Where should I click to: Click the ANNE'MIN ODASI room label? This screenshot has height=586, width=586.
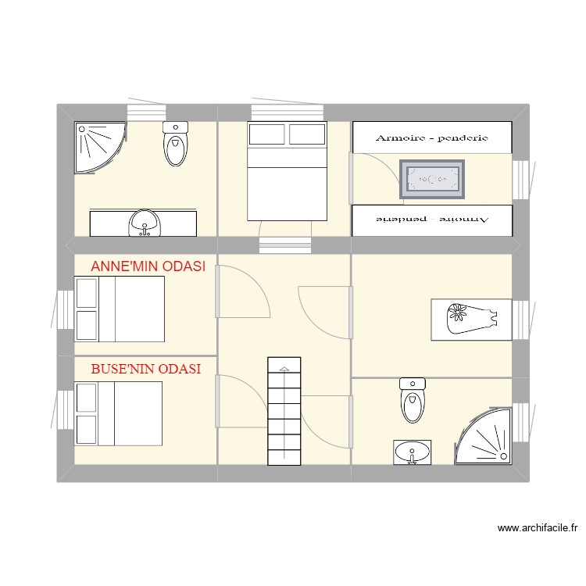click(x=148, y=266)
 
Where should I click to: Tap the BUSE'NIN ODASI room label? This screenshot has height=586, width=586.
click(x=146, y=369)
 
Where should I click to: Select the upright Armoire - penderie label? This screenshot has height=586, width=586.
click(x=431, y=138)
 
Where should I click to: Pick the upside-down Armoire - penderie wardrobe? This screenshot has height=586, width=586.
click(x=432, y=220)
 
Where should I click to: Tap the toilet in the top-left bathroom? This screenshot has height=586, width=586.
click(x=176, y=144)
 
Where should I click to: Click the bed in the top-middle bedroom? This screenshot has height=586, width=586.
click(x=287, y=171)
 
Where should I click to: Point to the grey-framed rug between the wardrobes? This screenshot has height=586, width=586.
click(x=432, y=180)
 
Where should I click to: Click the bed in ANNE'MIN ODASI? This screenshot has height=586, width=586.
click(x=120, y=309)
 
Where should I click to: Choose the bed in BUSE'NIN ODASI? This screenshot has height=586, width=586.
click(x=118, y=413)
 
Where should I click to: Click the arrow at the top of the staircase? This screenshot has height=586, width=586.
click(x=284, y=367)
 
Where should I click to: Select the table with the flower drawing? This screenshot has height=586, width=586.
click(x=471, y=319)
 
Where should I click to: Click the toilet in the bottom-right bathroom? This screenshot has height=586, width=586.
click(x=412, y=399)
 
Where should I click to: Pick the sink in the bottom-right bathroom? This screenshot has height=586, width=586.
click(x=412, y=452)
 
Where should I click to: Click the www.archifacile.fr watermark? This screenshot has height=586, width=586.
click(x=538, y=529)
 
